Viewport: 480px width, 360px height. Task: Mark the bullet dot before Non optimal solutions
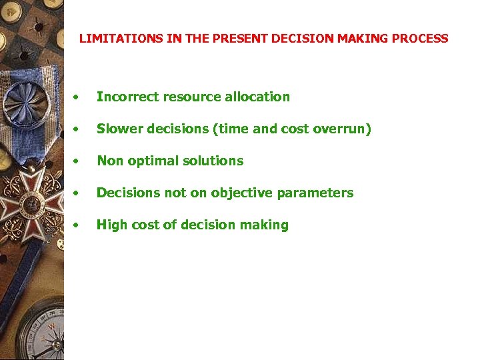coord(79,161)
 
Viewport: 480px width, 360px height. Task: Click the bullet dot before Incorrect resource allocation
coord(79,97)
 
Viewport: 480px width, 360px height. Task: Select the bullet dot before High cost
coord(79,225)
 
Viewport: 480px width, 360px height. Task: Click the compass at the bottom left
coord(37,330)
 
